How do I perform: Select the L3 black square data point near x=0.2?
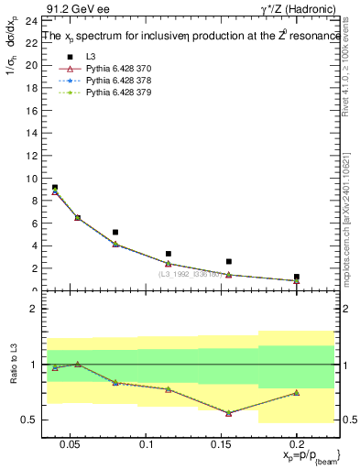coord(297,277)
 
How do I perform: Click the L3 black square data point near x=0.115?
coord(169,254)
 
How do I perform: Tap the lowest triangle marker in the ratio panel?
coord(228,413)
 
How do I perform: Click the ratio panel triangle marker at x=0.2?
coord(297,393)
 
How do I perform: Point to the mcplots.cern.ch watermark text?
coord(351,220)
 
